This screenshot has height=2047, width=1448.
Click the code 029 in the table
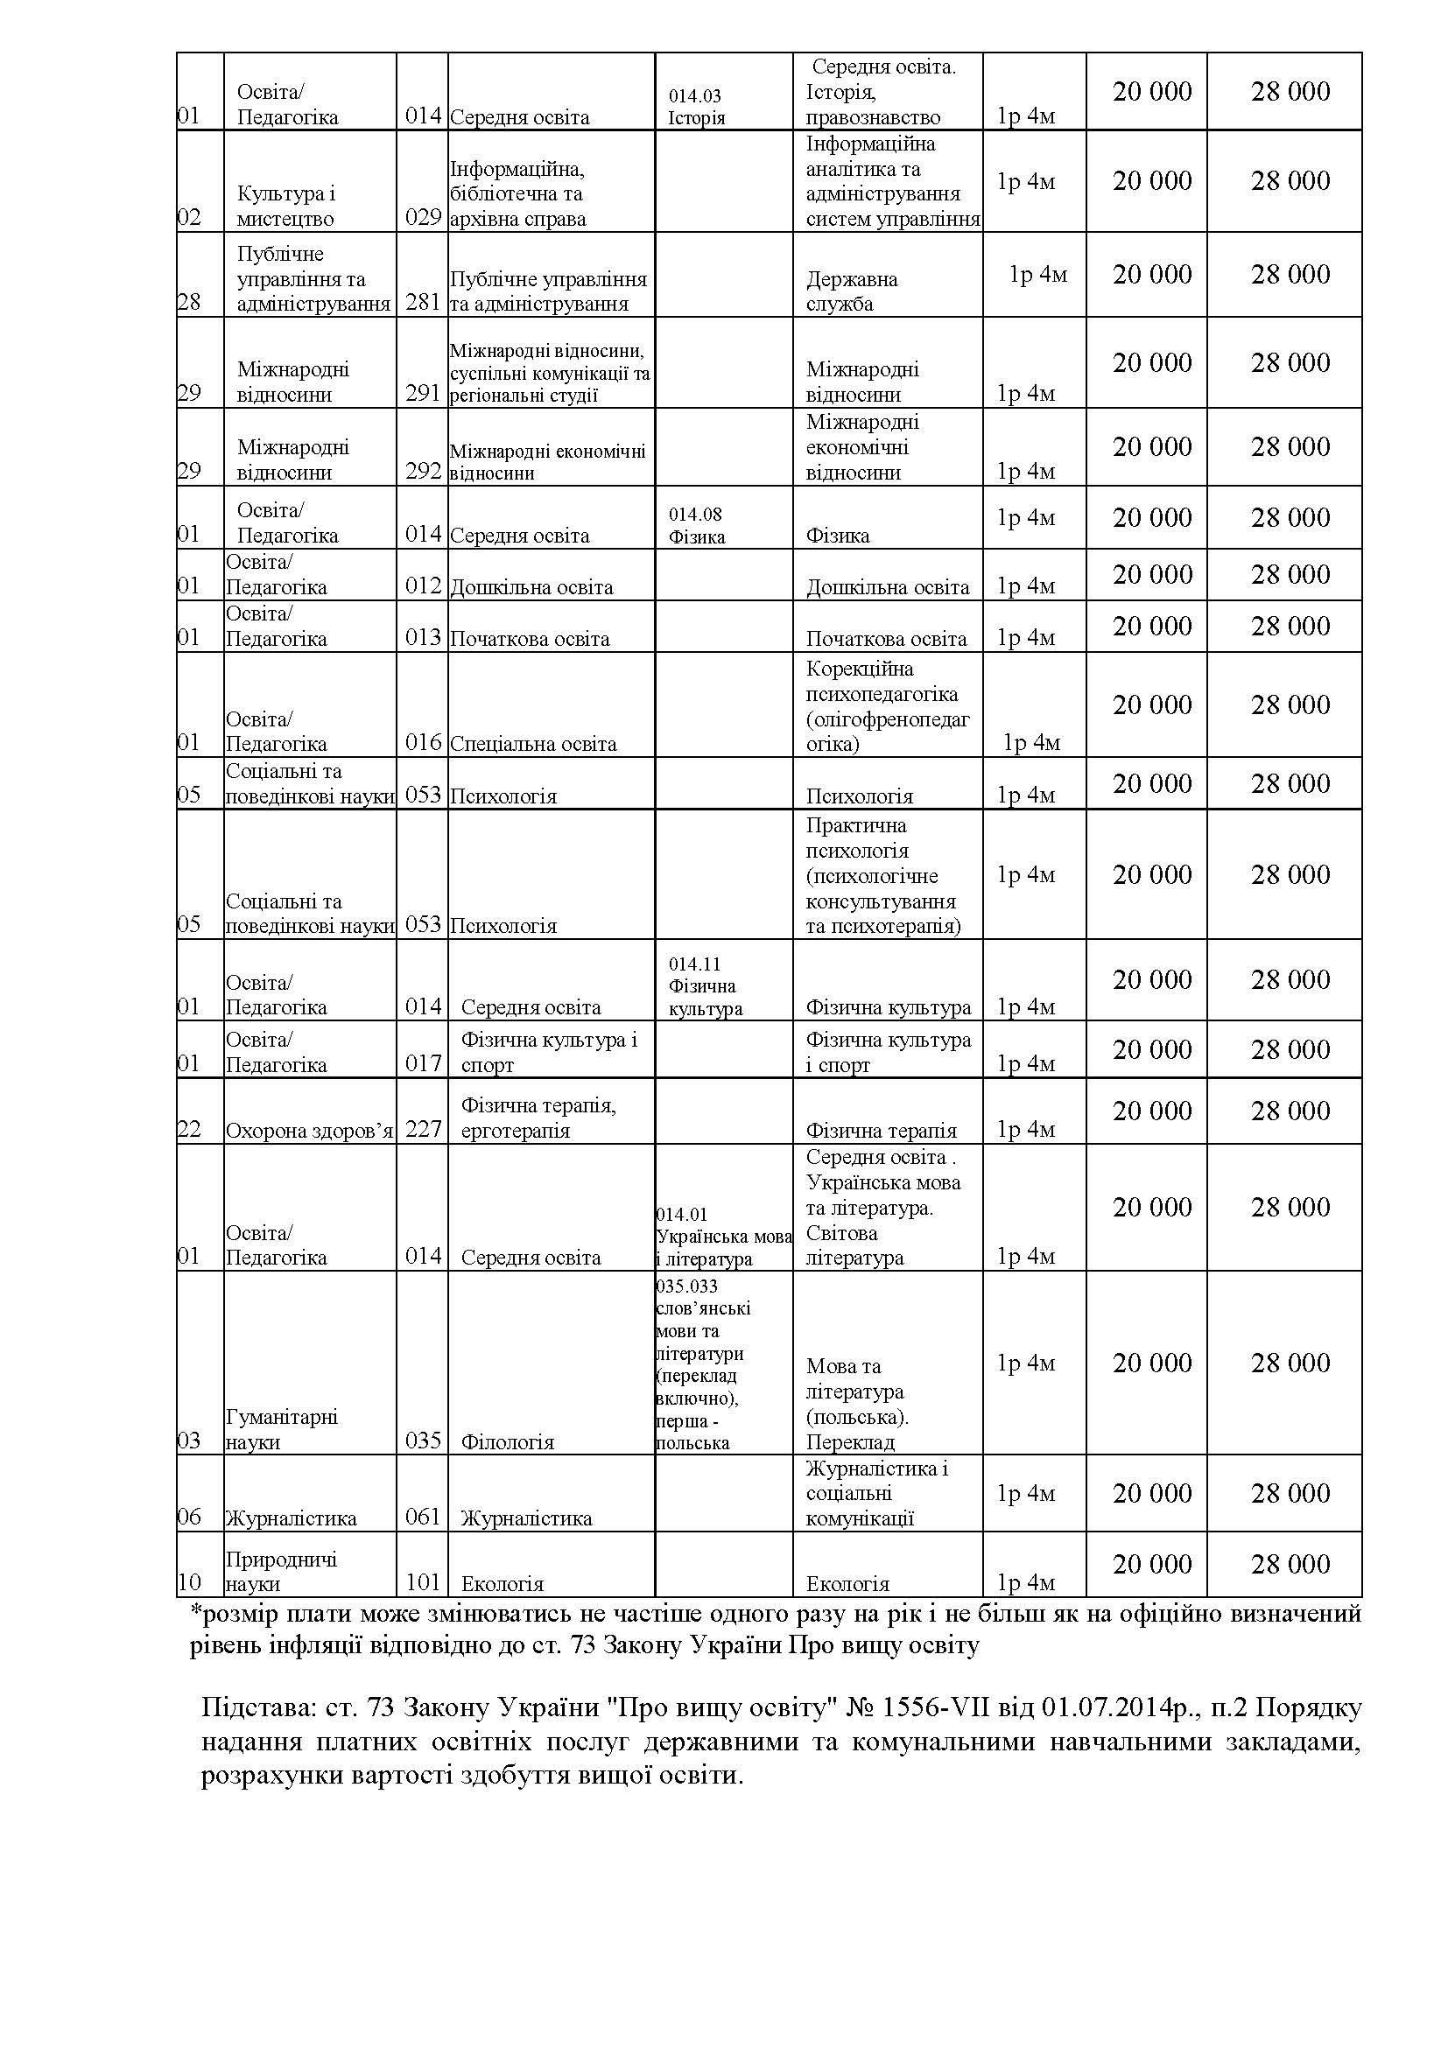pyautogui.click(x=424, y=218)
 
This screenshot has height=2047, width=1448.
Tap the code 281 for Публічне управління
pyautogui.click(x=424, y=302)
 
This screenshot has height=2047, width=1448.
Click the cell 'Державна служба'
pyautogui.click(x=852, y=291)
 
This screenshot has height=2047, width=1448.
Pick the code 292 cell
pyautogui.click(x=424, y=471)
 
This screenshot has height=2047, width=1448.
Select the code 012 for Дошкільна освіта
pyautogui.click(x=424, y=585)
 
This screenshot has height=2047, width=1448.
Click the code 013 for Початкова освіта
pyautogui.click(x=424, y=637)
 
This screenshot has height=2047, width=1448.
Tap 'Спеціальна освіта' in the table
pyautogui.click(x=533, y=744)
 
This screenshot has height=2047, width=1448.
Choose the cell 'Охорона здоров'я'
pyautogui.click(x=309, y=1131)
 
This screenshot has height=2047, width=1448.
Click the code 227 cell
pyautogui.click(x=424, y=1130)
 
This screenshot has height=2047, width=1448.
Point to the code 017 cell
pyautogui.click(x=424, y=1063)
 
